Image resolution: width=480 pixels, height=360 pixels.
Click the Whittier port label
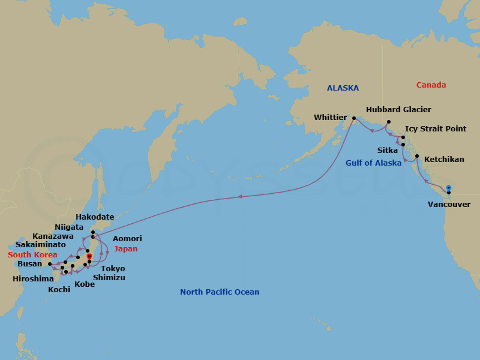pos(330,118)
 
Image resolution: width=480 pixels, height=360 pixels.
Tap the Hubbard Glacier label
pos(398,110)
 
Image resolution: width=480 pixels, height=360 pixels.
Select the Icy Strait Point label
pos(435,129)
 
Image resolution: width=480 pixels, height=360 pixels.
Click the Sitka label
pos(387,150)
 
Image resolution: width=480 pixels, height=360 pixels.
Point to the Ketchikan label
pos(444,160)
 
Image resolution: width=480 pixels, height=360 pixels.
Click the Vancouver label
pos(449,205)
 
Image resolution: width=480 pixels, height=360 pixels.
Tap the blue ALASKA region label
pos(343,88)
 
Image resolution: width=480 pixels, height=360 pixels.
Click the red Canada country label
pos(431,85)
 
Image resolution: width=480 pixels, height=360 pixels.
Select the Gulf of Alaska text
pos(373,163)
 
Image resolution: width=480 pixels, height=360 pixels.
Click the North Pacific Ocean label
pos(220,292)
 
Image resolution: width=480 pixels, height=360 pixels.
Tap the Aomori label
pos(127,239)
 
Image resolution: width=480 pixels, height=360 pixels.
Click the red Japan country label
pos(126,249)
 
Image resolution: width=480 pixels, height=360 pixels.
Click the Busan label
pos(30,264)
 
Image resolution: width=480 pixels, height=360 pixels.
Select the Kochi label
pos(59,289)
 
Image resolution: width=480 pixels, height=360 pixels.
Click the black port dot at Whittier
pos(353,118)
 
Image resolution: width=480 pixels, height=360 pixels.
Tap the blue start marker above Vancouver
pos(448,187)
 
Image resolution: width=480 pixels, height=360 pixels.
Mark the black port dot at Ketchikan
pos(416,156)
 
